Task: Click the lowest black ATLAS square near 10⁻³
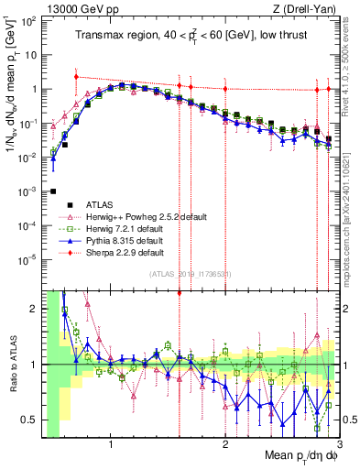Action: [53, 191]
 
